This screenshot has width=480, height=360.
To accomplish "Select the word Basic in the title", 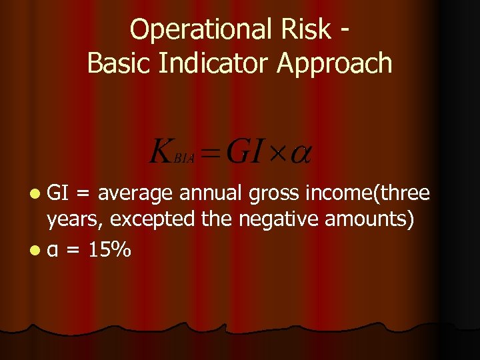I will [x=117, y=63].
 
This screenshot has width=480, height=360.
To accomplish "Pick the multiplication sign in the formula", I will [x=277, y=153].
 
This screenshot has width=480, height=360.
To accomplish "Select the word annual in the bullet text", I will [x=211, y=194].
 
